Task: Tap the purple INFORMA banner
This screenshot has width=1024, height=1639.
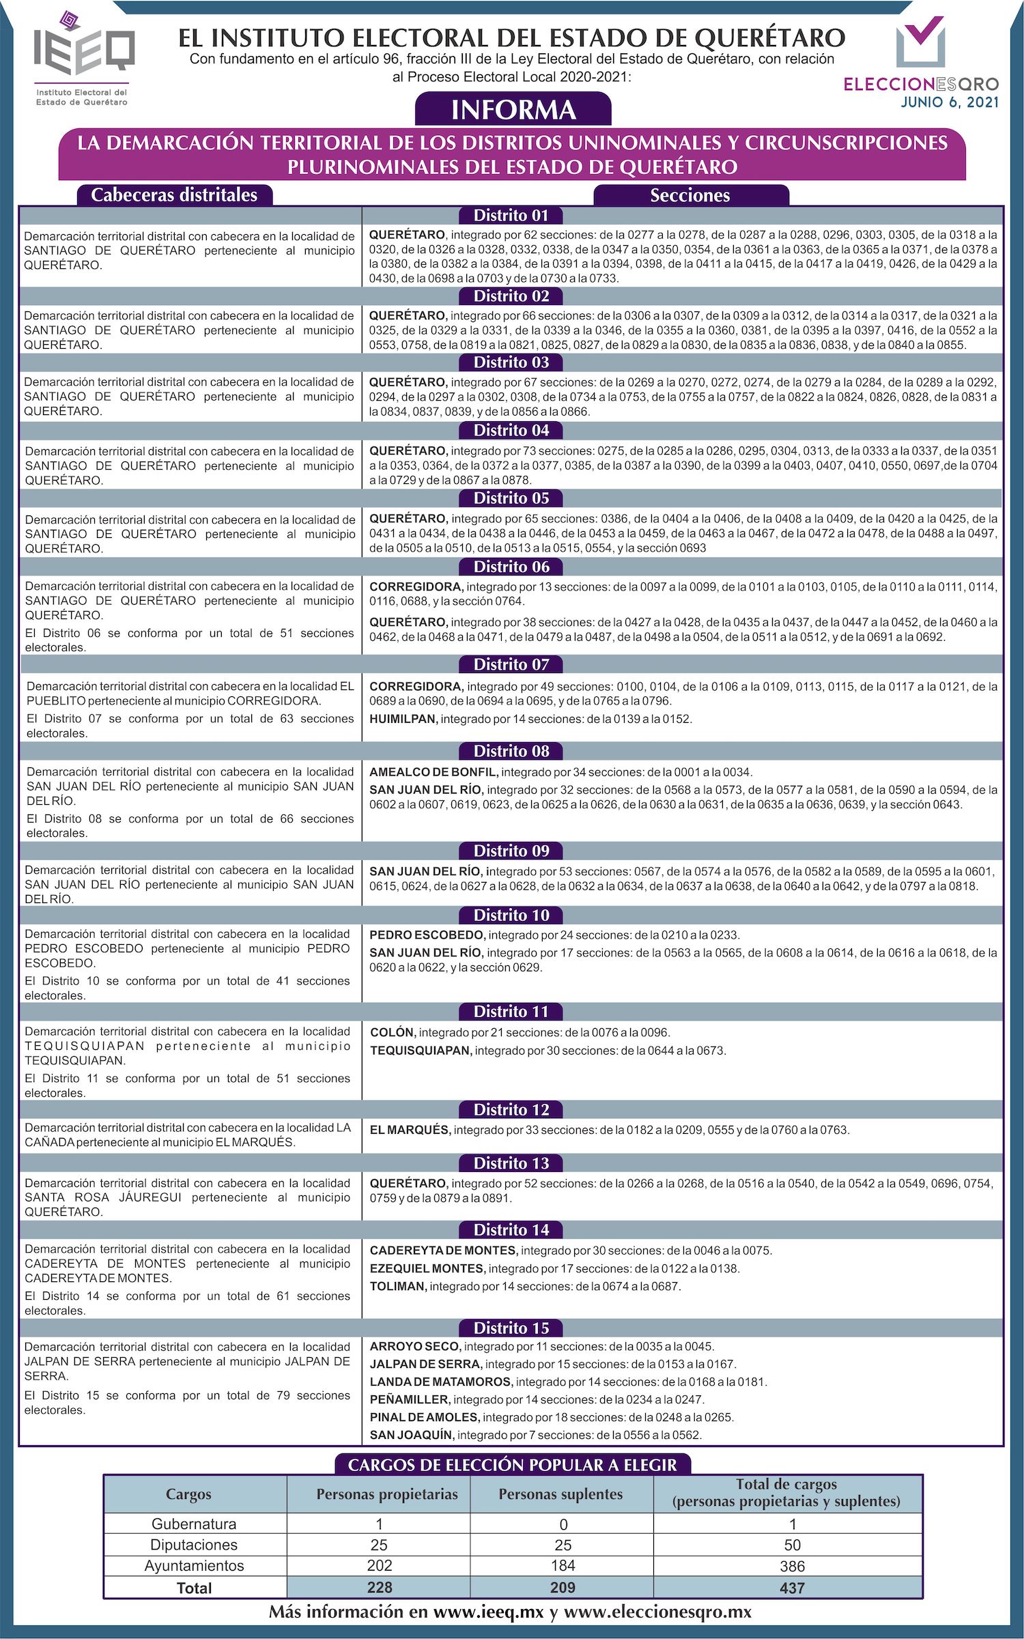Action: coord(513,110)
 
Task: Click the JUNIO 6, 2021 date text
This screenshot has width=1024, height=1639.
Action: coord(950,102)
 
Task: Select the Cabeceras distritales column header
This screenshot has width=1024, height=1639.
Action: coord(174,195)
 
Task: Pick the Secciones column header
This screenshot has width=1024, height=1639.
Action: coord(690,196)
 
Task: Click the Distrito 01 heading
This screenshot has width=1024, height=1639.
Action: coord(511,216)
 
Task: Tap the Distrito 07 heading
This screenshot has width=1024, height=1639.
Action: coord(511,664)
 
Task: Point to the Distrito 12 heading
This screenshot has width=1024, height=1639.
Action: coord(511,1109)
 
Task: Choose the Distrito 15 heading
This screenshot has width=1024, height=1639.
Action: coord(511,1328)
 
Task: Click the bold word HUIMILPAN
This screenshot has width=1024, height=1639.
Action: coord(403,719)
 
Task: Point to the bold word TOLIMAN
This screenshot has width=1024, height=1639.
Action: coord(398,1286)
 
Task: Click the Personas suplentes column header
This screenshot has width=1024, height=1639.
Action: coord(560,1494)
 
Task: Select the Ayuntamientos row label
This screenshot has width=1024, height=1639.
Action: coord(194,1565)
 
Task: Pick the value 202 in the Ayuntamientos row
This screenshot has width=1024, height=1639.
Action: coord(380,1565)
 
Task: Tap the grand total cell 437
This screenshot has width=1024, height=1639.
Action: coord(792,1588)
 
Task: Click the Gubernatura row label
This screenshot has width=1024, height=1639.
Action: coord(194,1524)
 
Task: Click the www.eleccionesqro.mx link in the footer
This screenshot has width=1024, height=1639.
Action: coord(657,1612)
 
